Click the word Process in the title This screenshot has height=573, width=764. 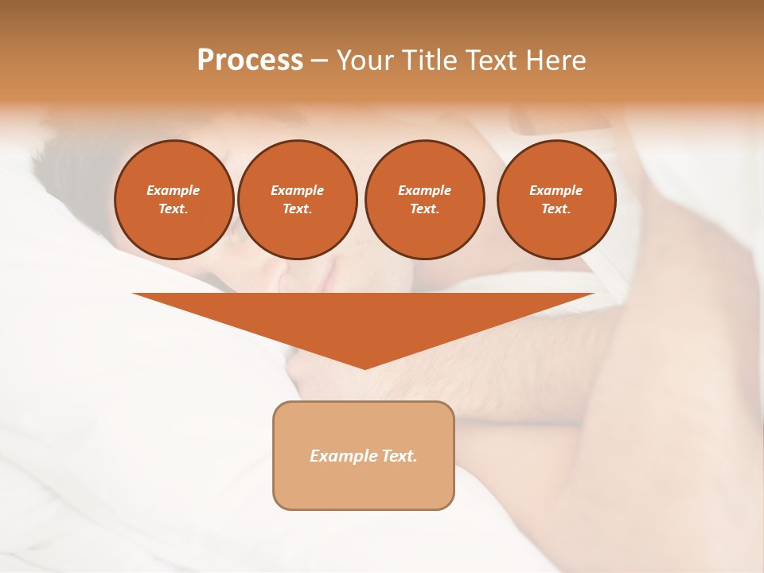pos(250,60)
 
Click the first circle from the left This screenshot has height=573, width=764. pos(174,200)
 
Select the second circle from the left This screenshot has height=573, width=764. pos(298,200)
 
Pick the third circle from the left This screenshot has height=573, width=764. pos(424,200)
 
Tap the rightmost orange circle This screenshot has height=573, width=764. pos(556,200)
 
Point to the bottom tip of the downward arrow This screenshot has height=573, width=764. pos(364,368)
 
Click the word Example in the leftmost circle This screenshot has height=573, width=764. pos(173,190)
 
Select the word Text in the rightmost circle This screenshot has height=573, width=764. pos(555,209)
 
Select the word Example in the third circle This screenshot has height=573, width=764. pos(424,190)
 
